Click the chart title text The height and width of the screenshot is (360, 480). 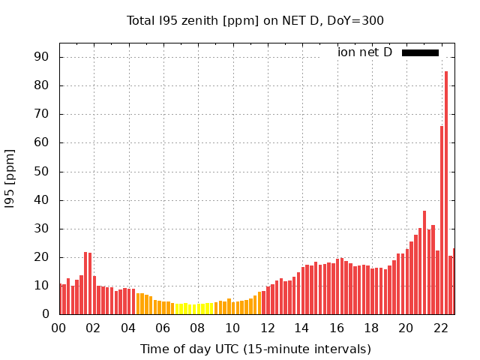tap(255, 20)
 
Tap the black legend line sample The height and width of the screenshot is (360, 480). tap(420, 52)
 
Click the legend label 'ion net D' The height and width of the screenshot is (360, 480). tap(364, 52)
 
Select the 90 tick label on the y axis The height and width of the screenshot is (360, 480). tap(40, 57)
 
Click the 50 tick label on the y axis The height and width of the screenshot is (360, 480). tap(40, 172)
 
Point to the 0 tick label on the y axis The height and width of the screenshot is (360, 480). tap(44, 314)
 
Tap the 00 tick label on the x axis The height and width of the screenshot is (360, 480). tap(58, 328)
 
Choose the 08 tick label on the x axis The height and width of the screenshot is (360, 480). tap(197, 328)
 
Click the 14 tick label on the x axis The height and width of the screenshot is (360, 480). tap(301, 328)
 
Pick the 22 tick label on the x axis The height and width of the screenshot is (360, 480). tap(440, 328)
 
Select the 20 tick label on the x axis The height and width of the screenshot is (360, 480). tap(406, 328)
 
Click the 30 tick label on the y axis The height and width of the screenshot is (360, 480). tap(40, 229)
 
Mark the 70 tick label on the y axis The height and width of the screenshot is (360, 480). tap(40, 114)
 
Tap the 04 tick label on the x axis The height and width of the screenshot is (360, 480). tap(128, 328)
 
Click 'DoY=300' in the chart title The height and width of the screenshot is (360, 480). tap(358, 20)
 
